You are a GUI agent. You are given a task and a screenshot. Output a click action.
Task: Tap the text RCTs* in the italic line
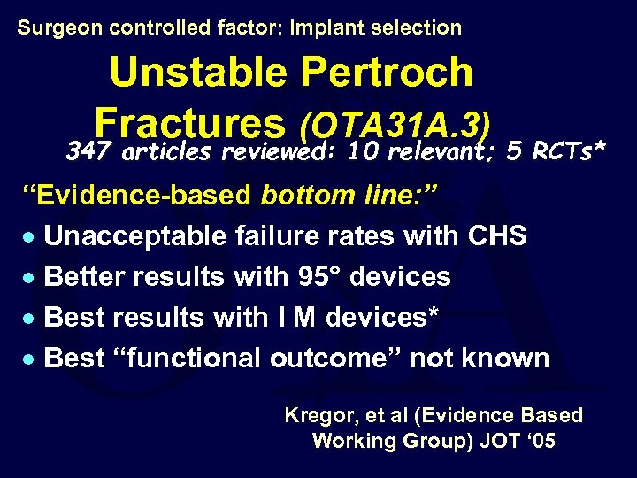tap(570, 152)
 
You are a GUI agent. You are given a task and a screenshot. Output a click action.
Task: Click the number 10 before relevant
tap(365, 152)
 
